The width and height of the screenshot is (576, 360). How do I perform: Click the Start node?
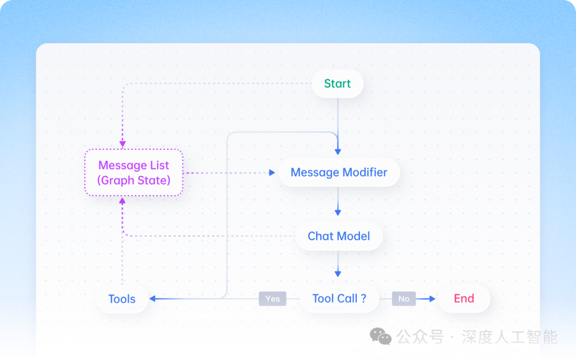pos(337,84)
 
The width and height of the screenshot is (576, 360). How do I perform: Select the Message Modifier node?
pos(339,172)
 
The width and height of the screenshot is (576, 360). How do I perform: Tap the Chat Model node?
pos(339,236)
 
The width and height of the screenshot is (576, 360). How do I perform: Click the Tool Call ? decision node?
pos(339,299)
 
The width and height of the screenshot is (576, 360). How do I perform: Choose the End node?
pos(463,299)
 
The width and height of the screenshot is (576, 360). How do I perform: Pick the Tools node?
pos(122,299)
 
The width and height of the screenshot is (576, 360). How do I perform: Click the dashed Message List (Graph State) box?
pos(134,173)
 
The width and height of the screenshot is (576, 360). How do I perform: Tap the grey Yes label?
pos(273,299)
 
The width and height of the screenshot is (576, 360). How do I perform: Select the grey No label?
pos(404,299)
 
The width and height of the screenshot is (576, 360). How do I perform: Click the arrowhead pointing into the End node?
pos(433,299)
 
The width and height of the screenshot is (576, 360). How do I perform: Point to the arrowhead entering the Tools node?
pos(153,299)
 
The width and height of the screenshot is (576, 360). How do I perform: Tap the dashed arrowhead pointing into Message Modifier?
pos(272,173)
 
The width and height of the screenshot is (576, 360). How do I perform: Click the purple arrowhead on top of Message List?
pos(123,144)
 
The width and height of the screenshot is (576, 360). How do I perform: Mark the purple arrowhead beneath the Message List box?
pos(123,201)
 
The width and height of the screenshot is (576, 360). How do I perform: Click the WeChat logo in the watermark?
pos(381,337)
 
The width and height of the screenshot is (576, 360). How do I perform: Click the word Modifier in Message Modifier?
pos(365,172)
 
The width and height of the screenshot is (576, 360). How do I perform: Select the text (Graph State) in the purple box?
pos(134,180)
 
